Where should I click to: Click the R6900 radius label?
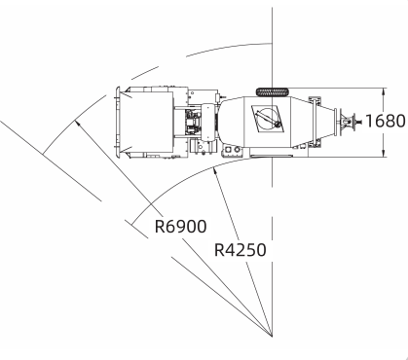tap(180, 227)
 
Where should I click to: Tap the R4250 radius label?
tap(241, 250)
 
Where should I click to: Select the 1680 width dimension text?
tap(386, 121)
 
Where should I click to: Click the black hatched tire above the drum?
tap(273, 92)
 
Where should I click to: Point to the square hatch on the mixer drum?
tap(268, 119)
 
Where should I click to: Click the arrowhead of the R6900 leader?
tap(77, 123)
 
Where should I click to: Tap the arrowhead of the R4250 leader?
tap(214, 172)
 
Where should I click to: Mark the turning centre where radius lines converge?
tap(272, 336)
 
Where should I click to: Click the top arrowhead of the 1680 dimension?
tap(384, 91)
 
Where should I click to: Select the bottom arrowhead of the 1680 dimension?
tap(384, 154)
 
